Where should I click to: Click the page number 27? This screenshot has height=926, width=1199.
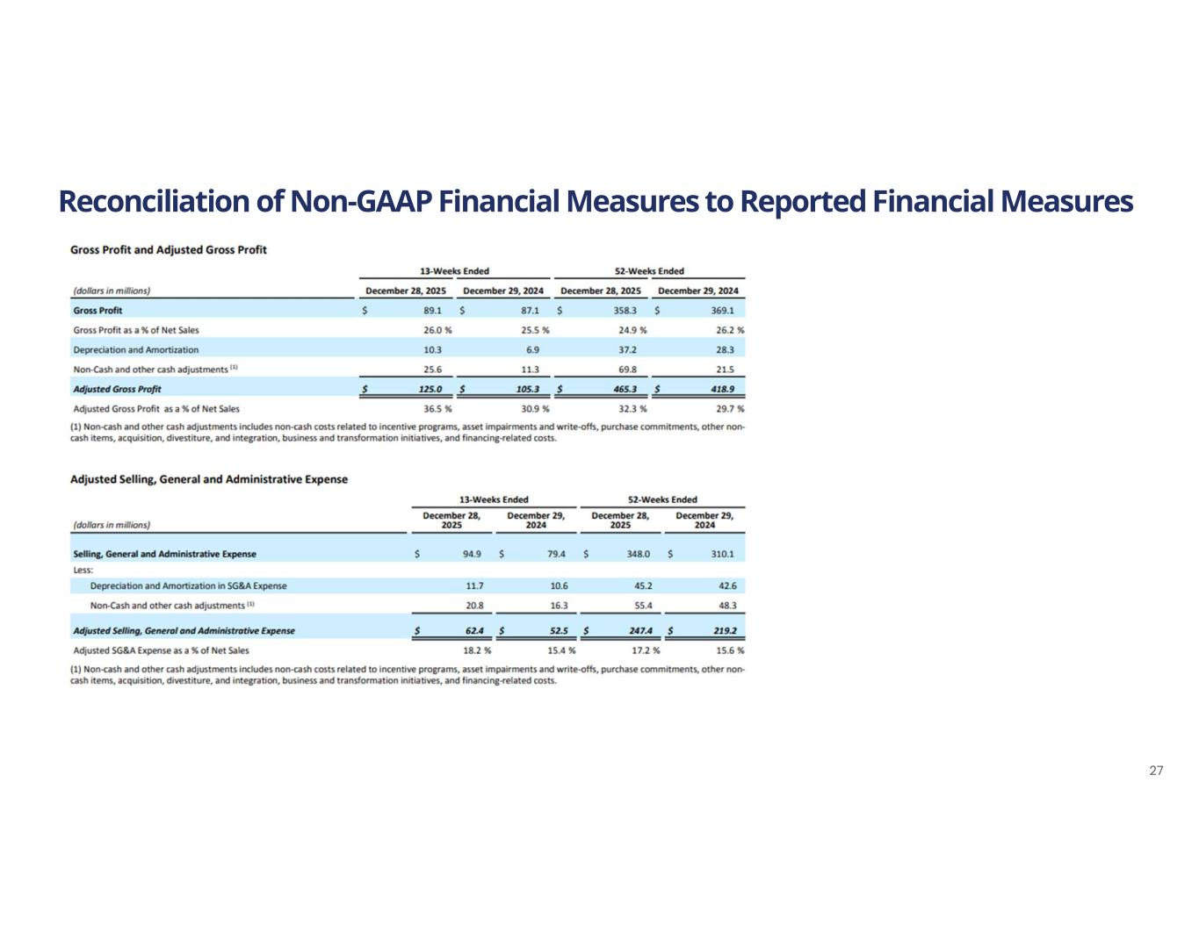1156,771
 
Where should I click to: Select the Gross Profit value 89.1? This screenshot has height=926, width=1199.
432,311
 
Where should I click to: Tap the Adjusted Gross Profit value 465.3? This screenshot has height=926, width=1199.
630,389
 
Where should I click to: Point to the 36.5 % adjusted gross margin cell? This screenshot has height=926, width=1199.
437,409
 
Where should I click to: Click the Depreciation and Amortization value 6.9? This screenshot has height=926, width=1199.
532,349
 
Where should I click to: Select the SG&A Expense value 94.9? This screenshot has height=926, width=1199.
472,554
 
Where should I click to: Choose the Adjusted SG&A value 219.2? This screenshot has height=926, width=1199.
724,630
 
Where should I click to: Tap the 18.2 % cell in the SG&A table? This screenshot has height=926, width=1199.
477,650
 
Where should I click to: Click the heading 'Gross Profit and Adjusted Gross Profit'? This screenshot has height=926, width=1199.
168,250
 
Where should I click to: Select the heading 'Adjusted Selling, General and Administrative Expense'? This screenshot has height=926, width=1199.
208,479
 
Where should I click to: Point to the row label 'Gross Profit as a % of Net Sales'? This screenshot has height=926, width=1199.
136,330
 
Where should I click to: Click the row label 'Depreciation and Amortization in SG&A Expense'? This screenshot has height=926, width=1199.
188,585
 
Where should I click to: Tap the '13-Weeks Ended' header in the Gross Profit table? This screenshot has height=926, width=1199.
454,271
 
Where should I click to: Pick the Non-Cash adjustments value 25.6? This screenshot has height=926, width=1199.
432,370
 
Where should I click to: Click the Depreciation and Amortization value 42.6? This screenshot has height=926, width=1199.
726,585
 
